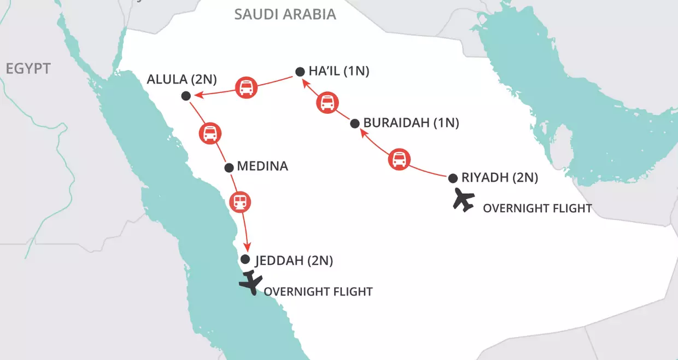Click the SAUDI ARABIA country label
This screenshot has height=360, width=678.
pos(285,14)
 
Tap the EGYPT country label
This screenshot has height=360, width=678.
pos(28,68)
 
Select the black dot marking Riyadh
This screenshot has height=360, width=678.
pos(453,178)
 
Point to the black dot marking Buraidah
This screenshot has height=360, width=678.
pos(354,123)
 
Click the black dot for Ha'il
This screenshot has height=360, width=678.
pos(300,71)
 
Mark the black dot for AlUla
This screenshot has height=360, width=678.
pos(185,96)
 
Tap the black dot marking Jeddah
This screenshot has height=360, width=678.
pos(246,259)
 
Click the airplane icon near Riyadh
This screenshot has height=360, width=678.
pos(464,200)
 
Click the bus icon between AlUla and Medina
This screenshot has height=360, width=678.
pos(210,133)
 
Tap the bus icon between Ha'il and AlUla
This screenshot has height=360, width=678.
pos(246,87)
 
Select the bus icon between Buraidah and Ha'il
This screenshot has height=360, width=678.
pos(328,103)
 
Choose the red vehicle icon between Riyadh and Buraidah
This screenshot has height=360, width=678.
pos(399,160)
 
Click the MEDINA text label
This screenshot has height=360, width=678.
pos(263,166)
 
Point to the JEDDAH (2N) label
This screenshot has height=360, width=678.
pos(294,261)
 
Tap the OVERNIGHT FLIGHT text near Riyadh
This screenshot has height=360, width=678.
pos(537,208)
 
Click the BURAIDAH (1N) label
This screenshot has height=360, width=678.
pos(411,123)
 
